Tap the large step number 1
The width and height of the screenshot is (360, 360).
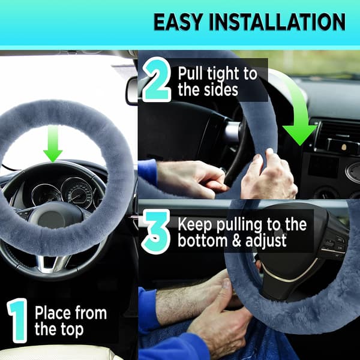point(17,320)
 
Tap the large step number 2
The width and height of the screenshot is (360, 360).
point(157,79)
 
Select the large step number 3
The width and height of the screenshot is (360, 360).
point(157,232)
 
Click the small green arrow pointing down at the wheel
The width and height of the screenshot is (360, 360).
point(53,144)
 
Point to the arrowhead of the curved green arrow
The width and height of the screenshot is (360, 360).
point(300,136)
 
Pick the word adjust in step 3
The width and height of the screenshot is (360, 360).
point(266,241)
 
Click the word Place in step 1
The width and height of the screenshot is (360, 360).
point(52,313)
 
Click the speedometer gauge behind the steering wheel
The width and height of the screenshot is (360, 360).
point(77,193)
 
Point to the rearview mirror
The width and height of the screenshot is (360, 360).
point(132,91)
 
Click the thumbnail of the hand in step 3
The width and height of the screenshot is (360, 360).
point(227,284)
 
